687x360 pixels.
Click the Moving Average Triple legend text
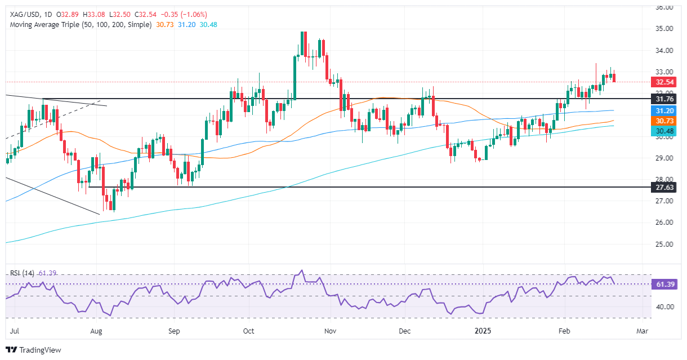tap(79, 25)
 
